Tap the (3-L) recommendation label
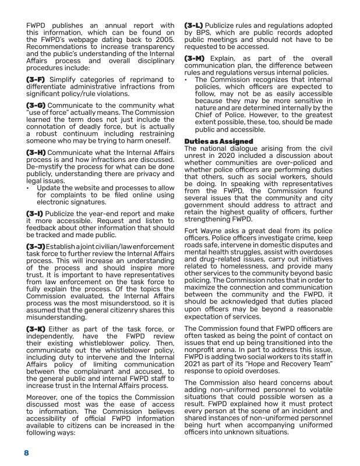click(196, 27)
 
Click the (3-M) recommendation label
click(197, 59)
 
